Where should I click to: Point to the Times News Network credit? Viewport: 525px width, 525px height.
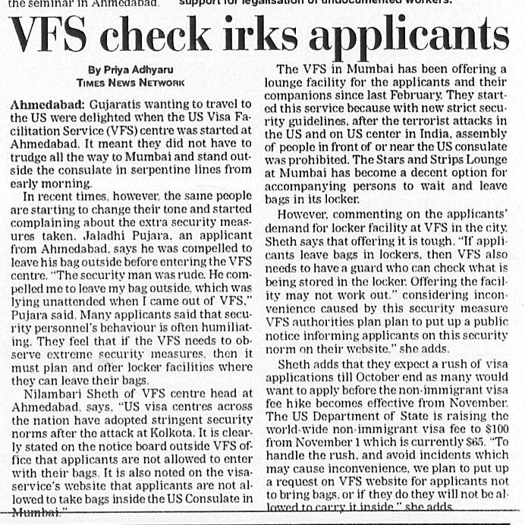(130, 81)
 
